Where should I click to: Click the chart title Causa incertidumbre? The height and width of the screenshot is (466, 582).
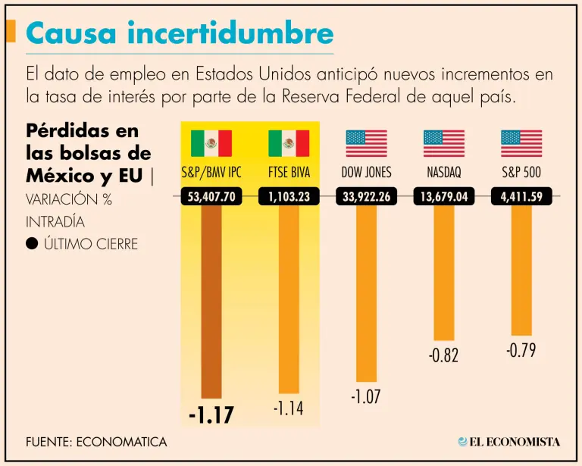point(180,33)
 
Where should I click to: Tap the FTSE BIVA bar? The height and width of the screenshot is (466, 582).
point(289,299)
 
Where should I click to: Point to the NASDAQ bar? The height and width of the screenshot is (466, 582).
point(443,273)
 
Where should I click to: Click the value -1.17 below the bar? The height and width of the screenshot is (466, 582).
point(211,416)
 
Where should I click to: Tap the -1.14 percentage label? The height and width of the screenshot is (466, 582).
point(288,409)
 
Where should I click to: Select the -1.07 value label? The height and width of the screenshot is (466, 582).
point(365,396)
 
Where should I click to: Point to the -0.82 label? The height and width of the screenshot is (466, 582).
point(443,355)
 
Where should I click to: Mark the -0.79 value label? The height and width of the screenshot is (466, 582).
point(521,351)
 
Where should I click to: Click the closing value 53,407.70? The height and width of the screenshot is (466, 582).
point(211,198)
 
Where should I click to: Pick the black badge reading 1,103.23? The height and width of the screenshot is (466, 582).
point(289,198)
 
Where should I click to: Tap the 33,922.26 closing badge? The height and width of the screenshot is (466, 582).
point(366,198)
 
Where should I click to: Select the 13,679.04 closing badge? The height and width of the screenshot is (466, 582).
point(443,198)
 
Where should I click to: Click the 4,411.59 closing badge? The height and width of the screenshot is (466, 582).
point(521,198)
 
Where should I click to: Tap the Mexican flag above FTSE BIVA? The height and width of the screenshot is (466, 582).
point(289,143)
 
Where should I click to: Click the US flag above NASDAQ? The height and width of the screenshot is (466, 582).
point(443,143)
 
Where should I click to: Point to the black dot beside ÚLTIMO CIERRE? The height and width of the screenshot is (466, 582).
point(32,244)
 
